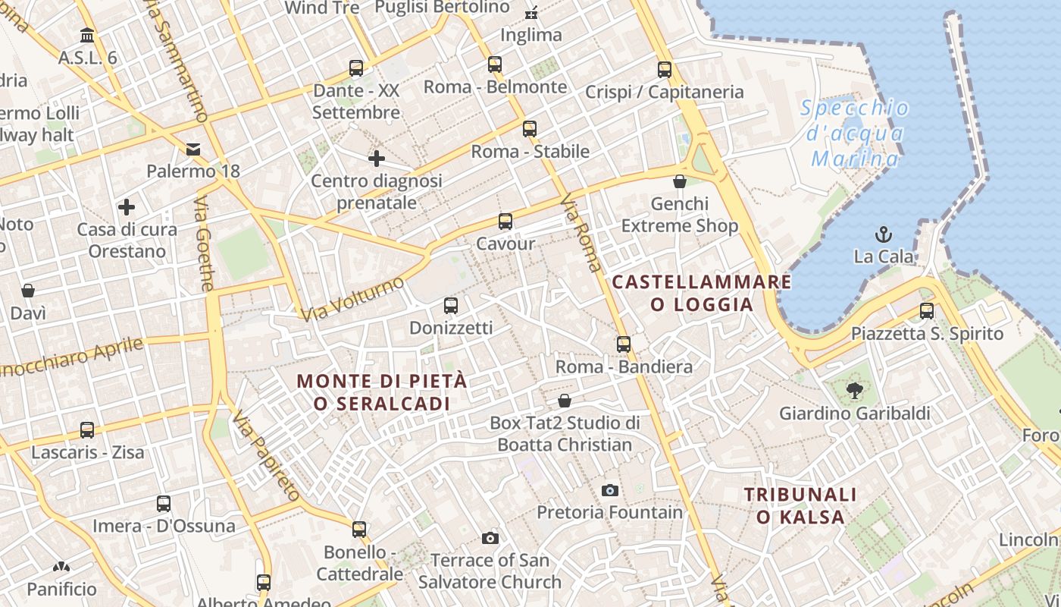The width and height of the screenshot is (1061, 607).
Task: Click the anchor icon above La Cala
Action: (883, 234)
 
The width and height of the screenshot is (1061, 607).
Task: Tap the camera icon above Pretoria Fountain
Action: (610, 490)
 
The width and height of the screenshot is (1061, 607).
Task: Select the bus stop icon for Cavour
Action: (505, 222)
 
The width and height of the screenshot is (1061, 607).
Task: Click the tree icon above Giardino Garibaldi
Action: (855, 391)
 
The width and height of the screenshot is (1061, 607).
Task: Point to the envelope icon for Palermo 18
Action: (193, 149)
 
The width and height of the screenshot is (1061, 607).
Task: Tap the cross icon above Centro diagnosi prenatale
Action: (377, 159)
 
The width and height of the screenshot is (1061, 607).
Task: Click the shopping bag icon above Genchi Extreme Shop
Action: (680, 181)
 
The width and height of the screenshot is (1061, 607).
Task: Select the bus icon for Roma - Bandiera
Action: (624, 344)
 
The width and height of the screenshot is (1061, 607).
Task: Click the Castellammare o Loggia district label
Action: (702, 293)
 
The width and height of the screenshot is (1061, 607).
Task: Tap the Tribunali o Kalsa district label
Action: (800, 506)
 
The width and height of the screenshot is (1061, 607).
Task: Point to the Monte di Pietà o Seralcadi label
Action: (382, 392)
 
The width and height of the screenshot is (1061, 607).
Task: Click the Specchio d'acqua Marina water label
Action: (855, 134)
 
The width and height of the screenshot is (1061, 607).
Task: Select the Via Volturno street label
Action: (352, 299)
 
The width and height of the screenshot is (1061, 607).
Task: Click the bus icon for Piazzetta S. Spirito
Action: (927, 310)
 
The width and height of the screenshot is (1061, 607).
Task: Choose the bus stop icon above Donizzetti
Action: (451, 306)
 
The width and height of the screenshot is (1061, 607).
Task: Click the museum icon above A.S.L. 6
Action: (87, 36)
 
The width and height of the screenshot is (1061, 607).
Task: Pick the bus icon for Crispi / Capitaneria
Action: (665, 70)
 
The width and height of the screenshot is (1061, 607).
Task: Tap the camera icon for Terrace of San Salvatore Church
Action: (490, 538)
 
